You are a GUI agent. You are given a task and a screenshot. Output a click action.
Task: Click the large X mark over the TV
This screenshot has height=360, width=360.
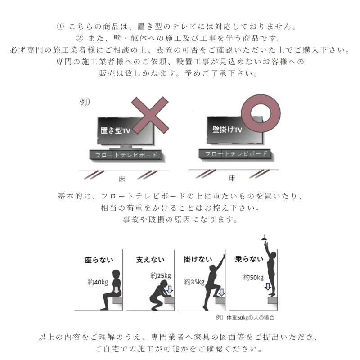coord(150,115)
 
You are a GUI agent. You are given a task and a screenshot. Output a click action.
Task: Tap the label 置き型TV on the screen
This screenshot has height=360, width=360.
coord(115,130)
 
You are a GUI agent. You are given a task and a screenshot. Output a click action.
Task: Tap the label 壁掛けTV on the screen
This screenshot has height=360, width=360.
coord(227,130)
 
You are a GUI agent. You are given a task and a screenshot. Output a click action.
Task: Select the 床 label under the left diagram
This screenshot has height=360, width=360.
coord(121,179)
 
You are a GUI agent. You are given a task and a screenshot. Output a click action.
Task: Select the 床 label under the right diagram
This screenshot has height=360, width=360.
coord(232,178)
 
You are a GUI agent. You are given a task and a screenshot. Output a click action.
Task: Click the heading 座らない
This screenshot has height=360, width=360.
coord(99,260)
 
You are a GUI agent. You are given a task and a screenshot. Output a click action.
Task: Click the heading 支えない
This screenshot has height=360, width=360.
coord(150,260)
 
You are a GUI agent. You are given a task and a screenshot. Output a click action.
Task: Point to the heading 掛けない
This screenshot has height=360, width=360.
coord(198,260)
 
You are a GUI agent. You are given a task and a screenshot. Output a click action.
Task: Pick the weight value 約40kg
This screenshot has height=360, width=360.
coord(98,283)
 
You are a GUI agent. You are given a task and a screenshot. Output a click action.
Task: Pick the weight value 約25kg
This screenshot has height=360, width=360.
coord(161,275)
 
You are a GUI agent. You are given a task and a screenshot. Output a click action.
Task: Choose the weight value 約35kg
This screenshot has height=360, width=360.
coord(194,282)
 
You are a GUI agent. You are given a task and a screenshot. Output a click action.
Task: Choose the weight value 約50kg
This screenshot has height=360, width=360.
coord(253,278)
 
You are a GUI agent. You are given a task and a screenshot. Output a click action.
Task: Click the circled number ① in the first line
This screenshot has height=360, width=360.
coord(61,26)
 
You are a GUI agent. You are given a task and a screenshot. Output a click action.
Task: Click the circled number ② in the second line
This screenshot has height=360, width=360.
coord(80,38)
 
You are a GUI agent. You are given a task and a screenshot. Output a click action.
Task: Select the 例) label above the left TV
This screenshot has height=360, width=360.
coord(85,102)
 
